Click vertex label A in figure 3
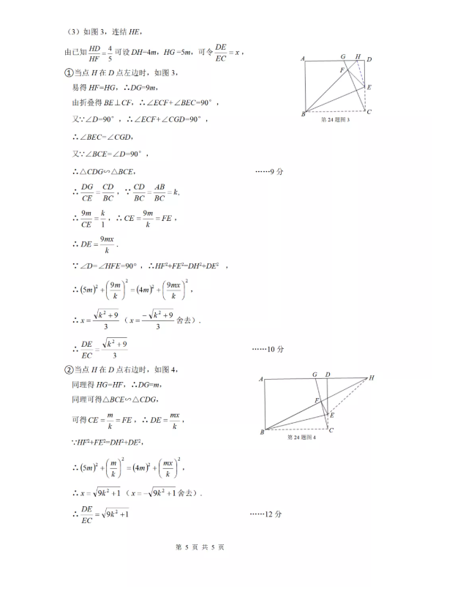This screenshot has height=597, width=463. [x=302, y=59]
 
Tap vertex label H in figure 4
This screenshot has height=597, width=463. [x=371, y=378]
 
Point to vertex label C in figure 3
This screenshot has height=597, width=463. [x=369, y=112]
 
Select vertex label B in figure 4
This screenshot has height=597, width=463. [x=262, y=432]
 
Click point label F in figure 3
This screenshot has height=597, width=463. [x=342, y=70]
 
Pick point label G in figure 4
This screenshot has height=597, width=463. [x=315, y=375]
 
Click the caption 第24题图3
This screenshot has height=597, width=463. [x=336, y=120]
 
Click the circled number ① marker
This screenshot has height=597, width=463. [x=68, y=72]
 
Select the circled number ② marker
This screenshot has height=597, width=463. [x=68, y=369]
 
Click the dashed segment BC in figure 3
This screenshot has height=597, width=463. [x=336, y=113]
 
